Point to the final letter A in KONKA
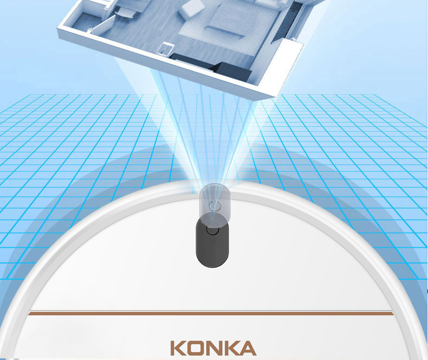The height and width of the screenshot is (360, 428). click(x=247, y=348)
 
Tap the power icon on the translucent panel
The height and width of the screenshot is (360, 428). click(x=214, y=205)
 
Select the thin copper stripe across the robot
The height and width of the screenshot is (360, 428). click(x=211, y=313)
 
